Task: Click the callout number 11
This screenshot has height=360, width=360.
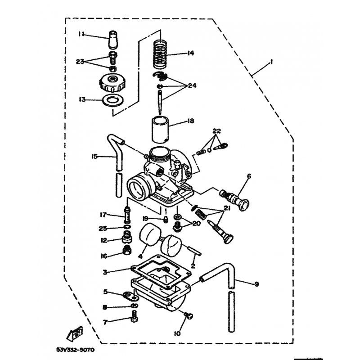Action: pos(81,34)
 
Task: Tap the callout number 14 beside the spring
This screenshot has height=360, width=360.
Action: pos(190,53)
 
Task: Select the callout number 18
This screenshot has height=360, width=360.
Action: pos(190,121)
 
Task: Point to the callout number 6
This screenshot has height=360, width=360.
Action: pos(249,176)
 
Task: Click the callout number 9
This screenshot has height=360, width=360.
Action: pos(256,284)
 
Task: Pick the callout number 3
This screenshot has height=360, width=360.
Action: pos(105,272)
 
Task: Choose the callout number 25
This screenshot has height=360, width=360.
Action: pos(103,229)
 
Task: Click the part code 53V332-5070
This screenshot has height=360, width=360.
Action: pos(75,350)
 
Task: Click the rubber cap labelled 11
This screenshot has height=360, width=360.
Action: pos(113,39)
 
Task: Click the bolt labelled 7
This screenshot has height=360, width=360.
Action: pos(135,316)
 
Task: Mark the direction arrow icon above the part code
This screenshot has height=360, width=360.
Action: pos(75,333)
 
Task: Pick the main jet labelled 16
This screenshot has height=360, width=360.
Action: pos(127,250)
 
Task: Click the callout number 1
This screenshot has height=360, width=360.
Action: pos(271,62)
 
